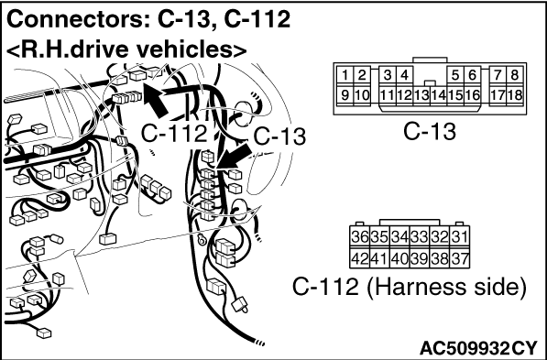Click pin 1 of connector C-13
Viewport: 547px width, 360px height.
(x=345, y=75)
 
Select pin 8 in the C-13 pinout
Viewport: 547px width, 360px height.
(x=515, y=75)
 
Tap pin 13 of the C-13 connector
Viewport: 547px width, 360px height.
(x=421, y=95)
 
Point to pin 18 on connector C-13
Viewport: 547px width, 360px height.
(x=515, y=95)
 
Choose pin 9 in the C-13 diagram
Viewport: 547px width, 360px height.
(x=345, y=95)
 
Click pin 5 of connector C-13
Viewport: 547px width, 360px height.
(x=455, y=75)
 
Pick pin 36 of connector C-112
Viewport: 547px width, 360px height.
(x=360, y=237)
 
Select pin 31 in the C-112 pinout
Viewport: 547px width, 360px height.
(x=459, y=237)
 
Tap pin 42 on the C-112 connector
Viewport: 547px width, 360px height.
(x=360, y=258)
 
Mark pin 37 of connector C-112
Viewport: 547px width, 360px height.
(x=459, y=258)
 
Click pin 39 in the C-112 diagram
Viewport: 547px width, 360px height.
(x=420, y=258)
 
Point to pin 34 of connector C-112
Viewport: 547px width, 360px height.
(x=399, y=237)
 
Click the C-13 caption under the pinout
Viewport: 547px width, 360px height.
(x=430, y=132)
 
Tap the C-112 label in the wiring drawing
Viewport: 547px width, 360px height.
(x=174, y=134)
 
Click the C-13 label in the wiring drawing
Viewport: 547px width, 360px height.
(x=279, y=136)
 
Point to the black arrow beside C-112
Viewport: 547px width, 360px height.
(x=155, y=100)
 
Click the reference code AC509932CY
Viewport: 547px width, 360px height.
(x=478, y=348)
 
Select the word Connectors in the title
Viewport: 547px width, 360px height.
(x=76, y=19)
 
